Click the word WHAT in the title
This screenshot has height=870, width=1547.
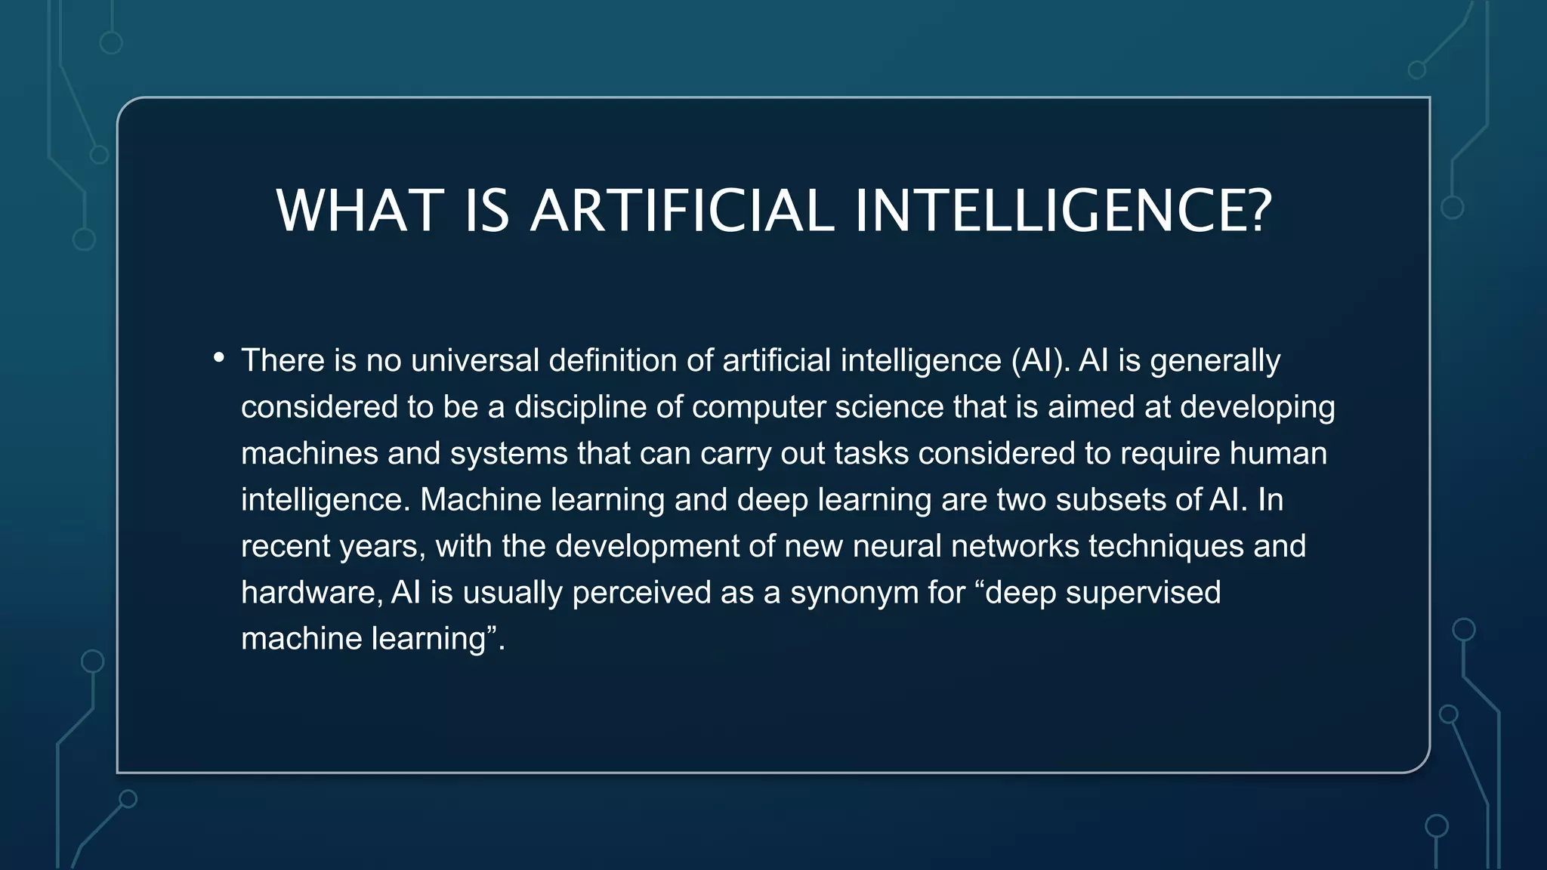[360, 211]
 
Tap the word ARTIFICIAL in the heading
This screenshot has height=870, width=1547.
[682, 211]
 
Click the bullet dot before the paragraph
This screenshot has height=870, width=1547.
[219, 357]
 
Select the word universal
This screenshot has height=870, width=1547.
[474, 361]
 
